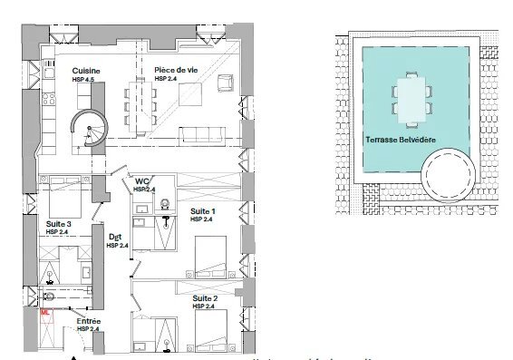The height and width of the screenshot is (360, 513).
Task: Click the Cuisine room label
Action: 86,71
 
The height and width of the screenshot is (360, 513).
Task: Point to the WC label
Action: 142,181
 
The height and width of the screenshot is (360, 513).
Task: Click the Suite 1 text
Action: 202,210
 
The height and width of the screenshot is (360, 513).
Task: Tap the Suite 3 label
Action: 60,222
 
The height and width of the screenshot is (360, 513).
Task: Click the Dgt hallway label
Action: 115,237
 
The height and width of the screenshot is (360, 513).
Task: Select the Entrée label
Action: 88,321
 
